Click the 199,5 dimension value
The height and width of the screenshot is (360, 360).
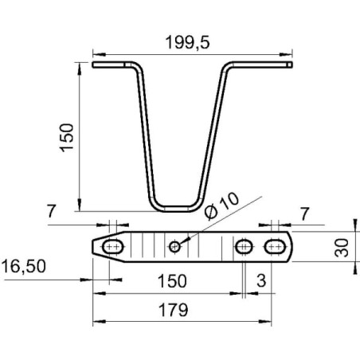click(187, 42)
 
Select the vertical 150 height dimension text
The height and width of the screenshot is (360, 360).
click(66, 138)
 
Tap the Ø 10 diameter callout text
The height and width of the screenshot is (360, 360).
click(222, 206)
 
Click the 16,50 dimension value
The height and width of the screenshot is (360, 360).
click(24, 266)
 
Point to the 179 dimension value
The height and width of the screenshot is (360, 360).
click(173, 310)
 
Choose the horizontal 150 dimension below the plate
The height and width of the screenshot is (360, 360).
click(172, 281)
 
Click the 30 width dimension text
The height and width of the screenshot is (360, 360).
click(342, 248)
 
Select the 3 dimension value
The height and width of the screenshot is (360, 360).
click(261, 280)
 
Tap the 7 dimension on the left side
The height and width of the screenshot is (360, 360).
click(52, 211)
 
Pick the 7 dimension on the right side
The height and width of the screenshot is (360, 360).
click(305, 214)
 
